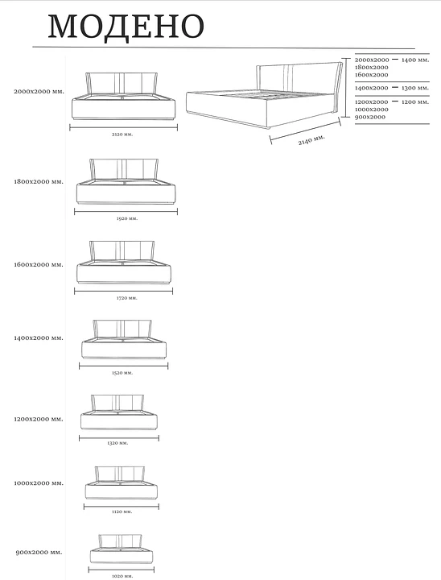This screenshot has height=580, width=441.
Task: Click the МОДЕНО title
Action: pyautogui.click(x=126, y=26)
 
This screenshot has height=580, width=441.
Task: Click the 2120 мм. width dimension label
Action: pyautogui.click(x=122, y=135)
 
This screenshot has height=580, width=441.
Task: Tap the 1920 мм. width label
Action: pyautogui.click(x=127, y=218)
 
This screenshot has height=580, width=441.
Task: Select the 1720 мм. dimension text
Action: pyautogui.click(x=127, y=298)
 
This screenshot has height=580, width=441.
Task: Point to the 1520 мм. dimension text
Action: pyautogui.click(x=122, y=373)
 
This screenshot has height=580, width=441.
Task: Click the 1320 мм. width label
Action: pyautogui.click(x=117, y=443)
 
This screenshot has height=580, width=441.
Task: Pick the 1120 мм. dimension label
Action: pyautogui.click(x=122, y=512)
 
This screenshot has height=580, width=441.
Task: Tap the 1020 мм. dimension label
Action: pyautogui.click(x=122, y=576)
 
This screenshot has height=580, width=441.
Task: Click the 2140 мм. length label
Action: pyautogui.click(x=311, y=140)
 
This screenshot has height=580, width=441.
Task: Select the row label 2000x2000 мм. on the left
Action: pyautogui.click(x=39, y=91)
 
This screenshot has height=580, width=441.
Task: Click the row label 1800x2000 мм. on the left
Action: pyautogui.click(x=39, y=182)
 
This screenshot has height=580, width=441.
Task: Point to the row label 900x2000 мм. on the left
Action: pyautogui.click(x=39, y=553)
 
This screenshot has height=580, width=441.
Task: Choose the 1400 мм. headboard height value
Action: pyautogui.click(x=415, y=60)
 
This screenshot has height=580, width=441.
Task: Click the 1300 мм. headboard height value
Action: pyautogui.click(x=415, y=88)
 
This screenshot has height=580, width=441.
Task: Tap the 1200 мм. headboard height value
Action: pyautogui.click(x=415, y=101)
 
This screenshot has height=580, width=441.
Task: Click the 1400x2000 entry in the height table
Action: pyautogui.click(x=372, y=88)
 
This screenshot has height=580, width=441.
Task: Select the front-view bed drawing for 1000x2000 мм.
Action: pyautogui.click(x=122, y=483)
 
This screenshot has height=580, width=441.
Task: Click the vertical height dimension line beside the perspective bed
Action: pyautogui.click(x=345, y=87)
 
